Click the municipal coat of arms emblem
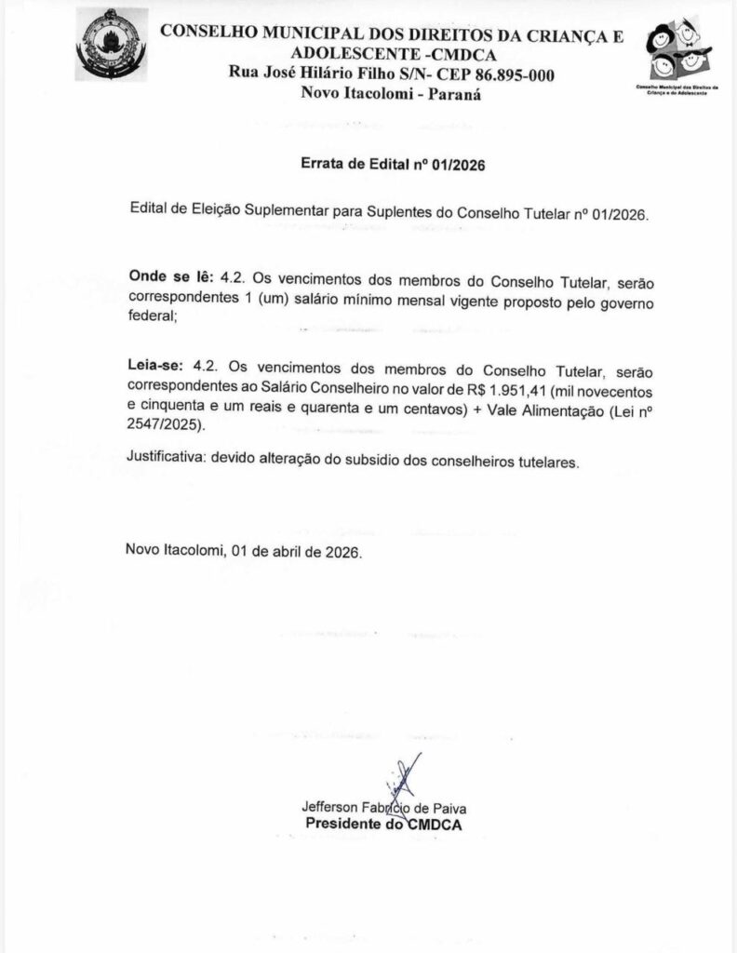click(x=109, y=44)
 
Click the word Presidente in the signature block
click(x=343, y=825)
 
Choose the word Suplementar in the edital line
click(x=283, y=212)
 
